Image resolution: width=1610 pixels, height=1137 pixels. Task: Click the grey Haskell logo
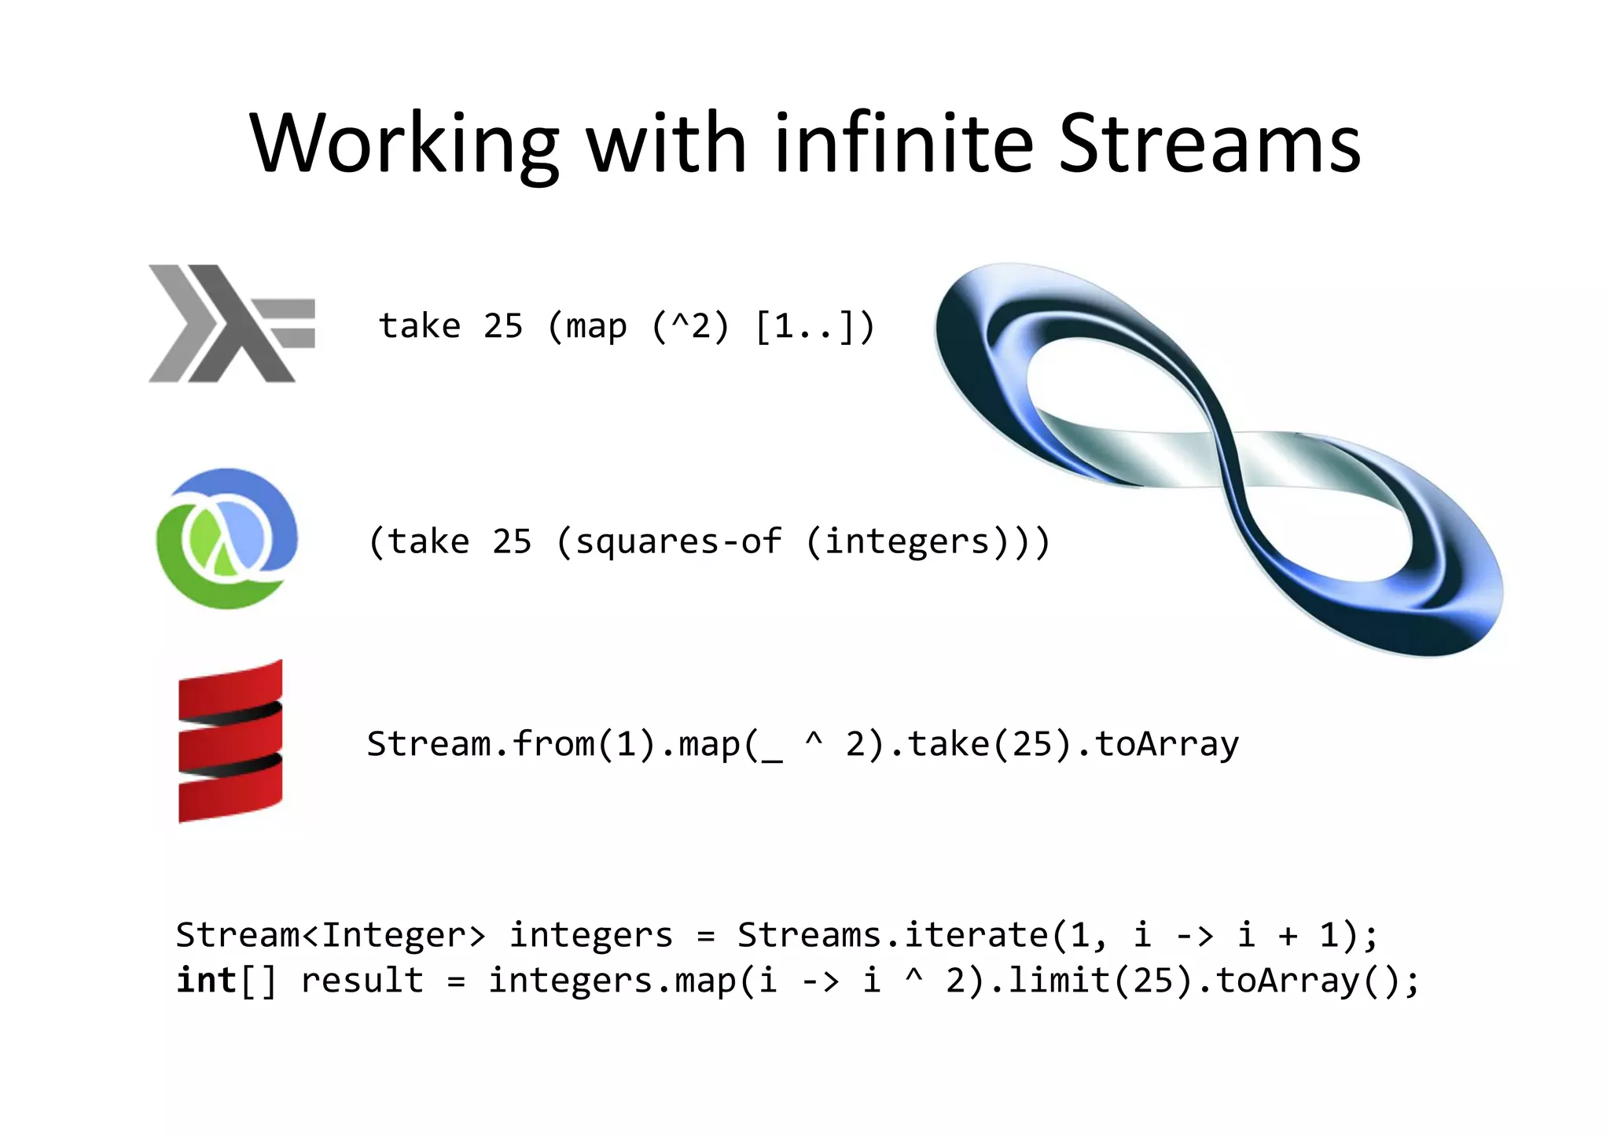[230, 324]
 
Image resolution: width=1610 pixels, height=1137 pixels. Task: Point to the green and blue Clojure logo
[227, 538]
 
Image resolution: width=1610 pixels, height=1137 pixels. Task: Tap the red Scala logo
[230, 741]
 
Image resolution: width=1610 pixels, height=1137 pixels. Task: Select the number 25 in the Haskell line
[502, 325]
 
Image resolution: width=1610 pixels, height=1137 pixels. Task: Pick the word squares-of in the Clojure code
[678, 541]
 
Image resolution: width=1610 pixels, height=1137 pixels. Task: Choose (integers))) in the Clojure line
[928, 541]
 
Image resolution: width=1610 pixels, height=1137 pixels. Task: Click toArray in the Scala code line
[1167, 743]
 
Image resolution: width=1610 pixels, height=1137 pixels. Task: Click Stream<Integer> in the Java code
[330, 934]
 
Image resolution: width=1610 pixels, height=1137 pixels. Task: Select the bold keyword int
[206, 980]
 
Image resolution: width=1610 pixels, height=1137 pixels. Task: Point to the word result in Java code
[362, 980]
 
